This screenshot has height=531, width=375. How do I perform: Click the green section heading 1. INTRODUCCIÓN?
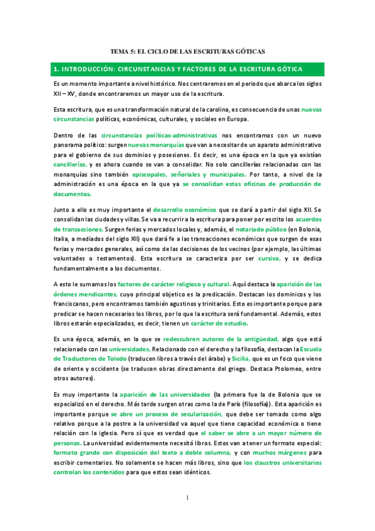coord(178,68)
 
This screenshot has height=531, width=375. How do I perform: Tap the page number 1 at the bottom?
coord(187,497)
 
